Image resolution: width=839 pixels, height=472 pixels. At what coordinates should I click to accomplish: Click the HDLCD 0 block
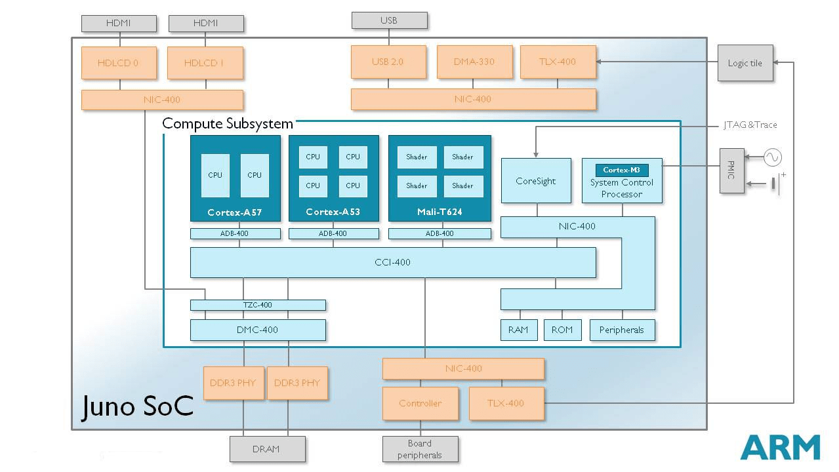tap(119, 63)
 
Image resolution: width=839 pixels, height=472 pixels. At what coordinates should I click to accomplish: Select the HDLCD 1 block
tap(205, 63)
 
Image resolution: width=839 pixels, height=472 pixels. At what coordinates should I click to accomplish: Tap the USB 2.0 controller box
tap(388, 62)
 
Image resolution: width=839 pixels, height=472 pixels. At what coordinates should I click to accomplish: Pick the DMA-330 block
tap(474, 62)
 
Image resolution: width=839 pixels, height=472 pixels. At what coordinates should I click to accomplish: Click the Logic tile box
tap(745, 63)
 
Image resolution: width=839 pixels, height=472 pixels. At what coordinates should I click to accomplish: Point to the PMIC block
tap(732, 170)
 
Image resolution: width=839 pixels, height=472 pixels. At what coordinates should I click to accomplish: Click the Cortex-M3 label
tap(622, 170)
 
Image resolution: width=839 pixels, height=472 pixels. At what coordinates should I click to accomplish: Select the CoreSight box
tap(536, 181)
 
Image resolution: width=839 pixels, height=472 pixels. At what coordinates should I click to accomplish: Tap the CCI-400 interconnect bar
tap(392, 262)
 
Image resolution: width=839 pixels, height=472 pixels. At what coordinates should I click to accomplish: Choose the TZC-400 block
tap(258, 305)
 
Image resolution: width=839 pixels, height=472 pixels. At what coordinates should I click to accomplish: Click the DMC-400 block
tap(258, 330)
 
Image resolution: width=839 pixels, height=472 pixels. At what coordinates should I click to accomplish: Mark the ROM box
tap(562, 330)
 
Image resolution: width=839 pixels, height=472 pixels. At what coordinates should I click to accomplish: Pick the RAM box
tap(518, 330)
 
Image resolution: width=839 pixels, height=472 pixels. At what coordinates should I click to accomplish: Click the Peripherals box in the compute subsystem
tap(622, 330)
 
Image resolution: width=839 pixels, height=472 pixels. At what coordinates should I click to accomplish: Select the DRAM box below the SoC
tap(267, 449)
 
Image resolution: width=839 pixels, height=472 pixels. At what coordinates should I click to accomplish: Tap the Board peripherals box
tap(420, 449)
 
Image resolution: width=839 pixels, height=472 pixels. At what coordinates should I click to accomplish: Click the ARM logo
tap(781, 447)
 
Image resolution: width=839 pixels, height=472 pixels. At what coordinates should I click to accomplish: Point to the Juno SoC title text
tap(138, 406)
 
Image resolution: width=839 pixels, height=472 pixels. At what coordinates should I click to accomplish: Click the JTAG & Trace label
tap(750, 125)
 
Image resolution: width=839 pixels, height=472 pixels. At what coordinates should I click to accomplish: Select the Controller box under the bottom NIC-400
tap(420, 403)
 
